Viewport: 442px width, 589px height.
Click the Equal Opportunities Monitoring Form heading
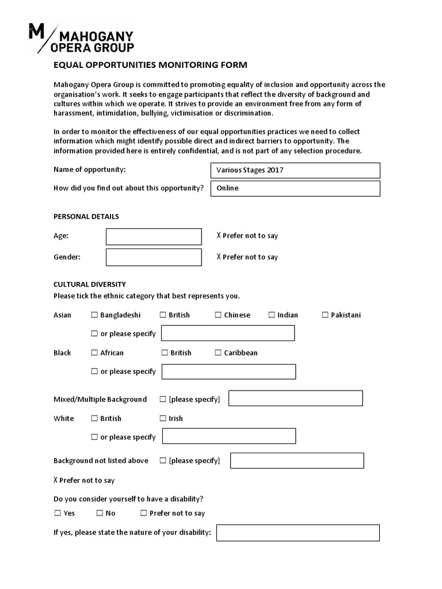(x=150, y=65)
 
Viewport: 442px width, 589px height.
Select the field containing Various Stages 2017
(x=295, y=170)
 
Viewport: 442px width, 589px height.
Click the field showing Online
(x=295, y=188)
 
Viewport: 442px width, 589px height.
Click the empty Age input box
(x=154, y=236)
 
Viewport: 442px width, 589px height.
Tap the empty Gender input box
(x=154, y=257)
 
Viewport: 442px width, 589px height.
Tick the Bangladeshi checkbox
(x=94, y=315)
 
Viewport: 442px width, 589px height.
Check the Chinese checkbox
(x=218, y=315)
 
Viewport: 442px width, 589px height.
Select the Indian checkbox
(x=272, y=315)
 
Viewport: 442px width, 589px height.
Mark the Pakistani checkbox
(x=325, y=315)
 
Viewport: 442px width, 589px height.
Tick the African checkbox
(x=94, y=353)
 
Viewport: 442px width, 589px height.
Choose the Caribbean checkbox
(x=218, y=353)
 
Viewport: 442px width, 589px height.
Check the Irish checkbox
(x=163, y=419)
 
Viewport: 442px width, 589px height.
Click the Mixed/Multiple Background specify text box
(x=295, y=398)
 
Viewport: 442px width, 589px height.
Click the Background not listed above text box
(x=297, y=460)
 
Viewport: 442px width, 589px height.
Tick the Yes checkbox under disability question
(x=58, y=513)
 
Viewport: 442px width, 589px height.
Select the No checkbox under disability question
(x=100, y=513)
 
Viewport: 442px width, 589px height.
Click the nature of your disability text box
(x=298, y=533)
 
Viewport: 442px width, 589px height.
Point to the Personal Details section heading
(x=86, y=217)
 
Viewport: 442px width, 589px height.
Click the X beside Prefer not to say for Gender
(x=219, y=257)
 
